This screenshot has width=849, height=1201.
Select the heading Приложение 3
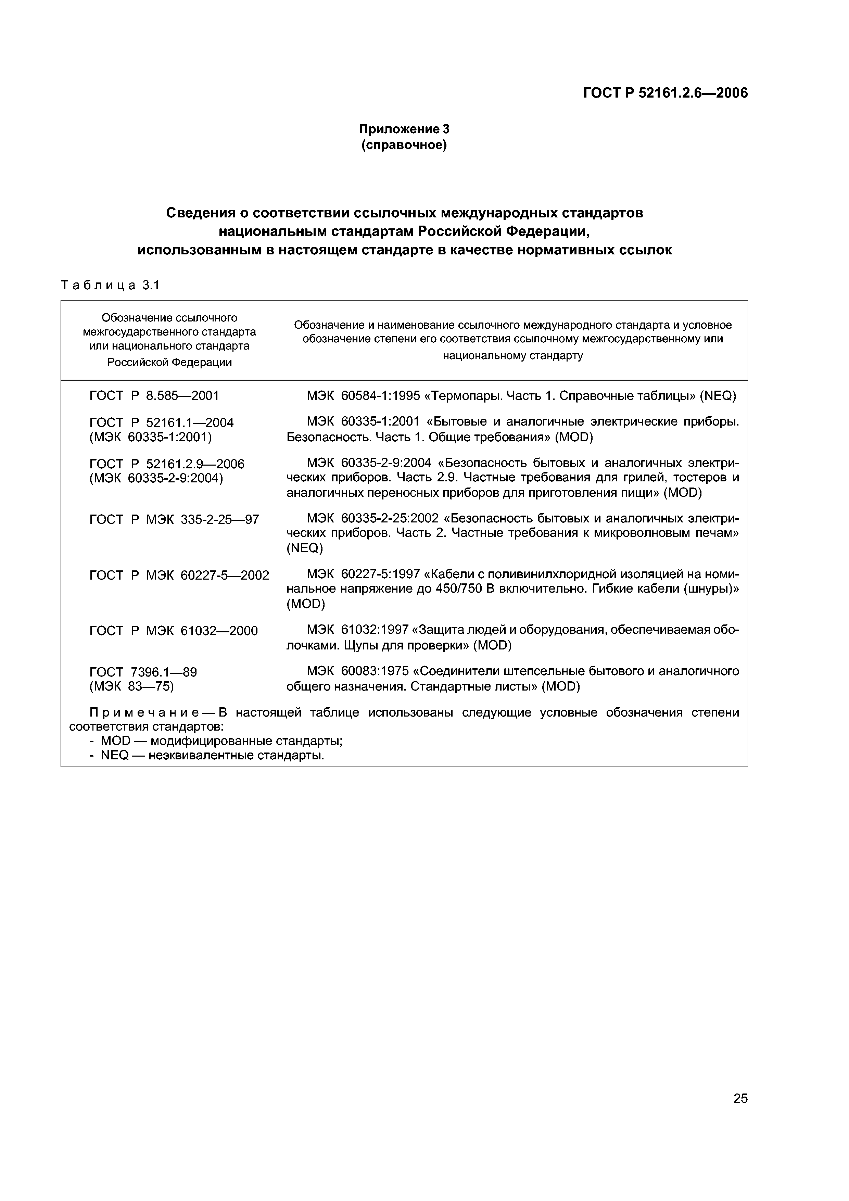click(404, 129)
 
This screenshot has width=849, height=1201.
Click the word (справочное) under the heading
click(404, 145)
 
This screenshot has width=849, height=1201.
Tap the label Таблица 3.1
click(110, 285)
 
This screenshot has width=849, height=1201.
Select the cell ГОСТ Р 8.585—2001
click(154, 395)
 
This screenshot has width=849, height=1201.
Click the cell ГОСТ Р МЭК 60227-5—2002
click(179, 576)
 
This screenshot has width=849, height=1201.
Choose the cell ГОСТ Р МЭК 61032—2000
click(174, 631)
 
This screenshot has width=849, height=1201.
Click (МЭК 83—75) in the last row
click(131, 686)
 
